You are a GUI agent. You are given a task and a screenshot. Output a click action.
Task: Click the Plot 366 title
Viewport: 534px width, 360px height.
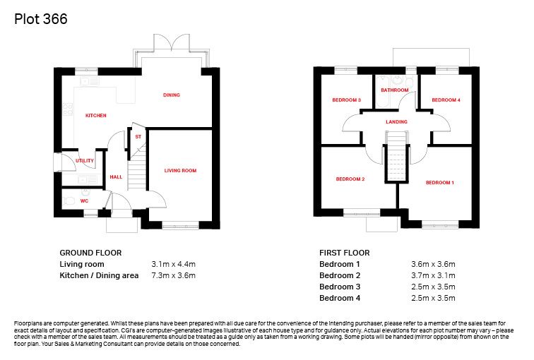[x=41, y=20]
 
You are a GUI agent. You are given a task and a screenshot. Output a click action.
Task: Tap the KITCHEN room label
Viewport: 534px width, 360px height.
[x=95, y=115]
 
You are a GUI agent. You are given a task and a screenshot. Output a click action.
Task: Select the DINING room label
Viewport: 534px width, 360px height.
[x=172, y=95]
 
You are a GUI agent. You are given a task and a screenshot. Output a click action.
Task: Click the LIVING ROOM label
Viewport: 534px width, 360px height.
[x=180, y=170]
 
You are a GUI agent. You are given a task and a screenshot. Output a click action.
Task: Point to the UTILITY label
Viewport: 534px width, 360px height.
[x=85, y=161]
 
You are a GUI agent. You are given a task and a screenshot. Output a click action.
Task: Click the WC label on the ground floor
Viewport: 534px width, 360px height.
[x=84, y=200]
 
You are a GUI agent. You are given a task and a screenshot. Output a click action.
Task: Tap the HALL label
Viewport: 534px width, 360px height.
[x=116, y=177]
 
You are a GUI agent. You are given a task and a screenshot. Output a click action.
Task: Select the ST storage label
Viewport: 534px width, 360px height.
[x=138, y=137]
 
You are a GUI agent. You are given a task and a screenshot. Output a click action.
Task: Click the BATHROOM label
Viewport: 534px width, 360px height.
[x=394, y=90]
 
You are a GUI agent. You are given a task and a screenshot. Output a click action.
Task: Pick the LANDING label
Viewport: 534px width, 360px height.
[x=396, y=122]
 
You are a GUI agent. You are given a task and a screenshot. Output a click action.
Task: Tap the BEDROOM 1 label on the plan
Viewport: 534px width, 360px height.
[x=439, y=183]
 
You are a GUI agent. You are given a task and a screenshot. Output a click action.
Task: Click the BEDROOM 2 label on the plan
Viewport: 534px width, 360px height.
[x=350, y=179]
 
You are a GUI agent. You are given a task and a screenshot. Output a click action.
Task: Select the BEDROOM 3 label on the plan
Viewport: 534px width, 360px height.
[x=346, y=100]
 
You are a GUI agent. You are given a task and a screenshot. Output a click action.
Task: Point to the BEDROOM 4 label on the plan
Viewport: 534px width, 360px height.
[x=446, y=100]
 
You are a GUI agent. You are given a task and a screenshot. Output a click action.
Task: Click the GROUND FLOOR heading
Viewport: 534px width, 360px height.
[x=90, y=253]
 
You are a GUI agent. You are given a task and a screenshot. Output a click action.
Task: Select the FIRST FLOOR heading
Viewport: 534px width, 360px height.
[x=345, y=253]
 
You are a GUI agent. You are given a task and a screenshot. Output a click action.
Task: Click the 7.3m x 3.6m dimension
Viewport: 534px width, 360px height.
[x=173, y=275]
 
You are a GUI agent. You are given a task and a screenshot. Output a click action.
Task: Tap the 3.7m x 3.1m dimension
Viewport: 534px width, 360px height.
[x=433, y=275]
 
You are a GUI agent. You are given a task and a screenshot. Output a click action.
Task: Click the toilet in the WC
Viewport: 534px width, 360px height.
[x=69, y=201]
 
